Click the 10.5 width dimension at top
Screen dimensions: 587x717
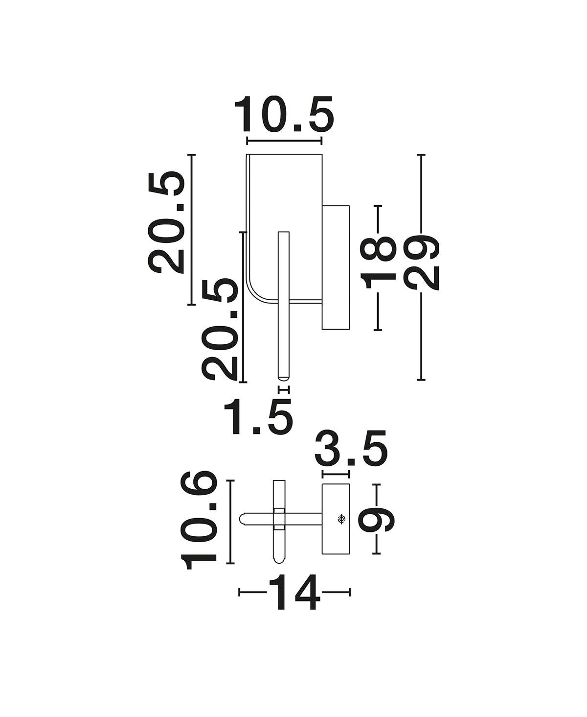(284, 115)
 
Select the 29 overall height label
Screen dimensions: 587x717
(421, 262)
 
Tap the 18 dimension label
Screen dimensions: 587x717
(378, 262)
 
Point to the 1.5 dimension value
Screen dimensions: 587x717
(257, 416)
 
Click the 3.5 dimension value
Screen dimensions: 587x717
(351, 448)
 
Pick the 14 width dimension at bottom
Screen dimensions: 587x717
(294, 592)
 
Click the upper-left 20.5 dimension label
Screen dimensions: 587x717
(166, 222)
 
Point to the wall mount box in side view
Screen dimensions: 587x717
(336, 267)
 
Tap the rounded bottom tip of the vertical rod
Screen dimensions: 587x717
(284, 378)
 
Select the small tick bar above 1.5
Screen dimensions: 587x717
(284, 389)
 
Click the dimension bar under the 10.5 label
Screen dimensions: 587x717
(284, 141)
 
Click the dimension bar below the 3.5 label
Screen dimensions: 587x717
(336, 474)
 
